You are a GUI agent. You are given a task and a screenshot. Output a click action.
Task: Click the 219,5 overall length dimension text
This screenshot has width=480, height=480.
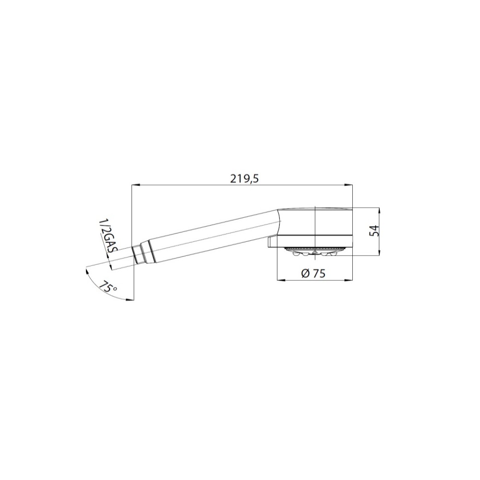point(244,179)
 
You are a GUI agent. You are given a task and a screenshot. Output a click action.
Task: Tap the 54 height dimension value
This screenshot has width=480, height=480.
point(374,230)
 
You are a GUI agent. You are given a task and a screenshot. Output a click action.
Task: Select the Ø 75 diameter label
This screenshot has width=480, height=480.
point(313,273)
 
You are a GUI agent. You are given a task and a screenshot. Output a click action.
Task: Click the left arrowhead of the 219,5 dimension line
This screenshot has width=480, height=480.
point(135,185)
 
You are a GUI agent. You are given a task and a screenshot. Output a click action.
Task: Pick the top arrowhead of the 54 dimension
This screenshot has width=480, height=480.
point(379,212)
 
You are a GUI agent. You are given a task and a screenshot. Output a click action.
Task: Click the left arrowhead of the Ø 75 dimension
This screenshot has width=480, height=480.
point(281,280)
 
